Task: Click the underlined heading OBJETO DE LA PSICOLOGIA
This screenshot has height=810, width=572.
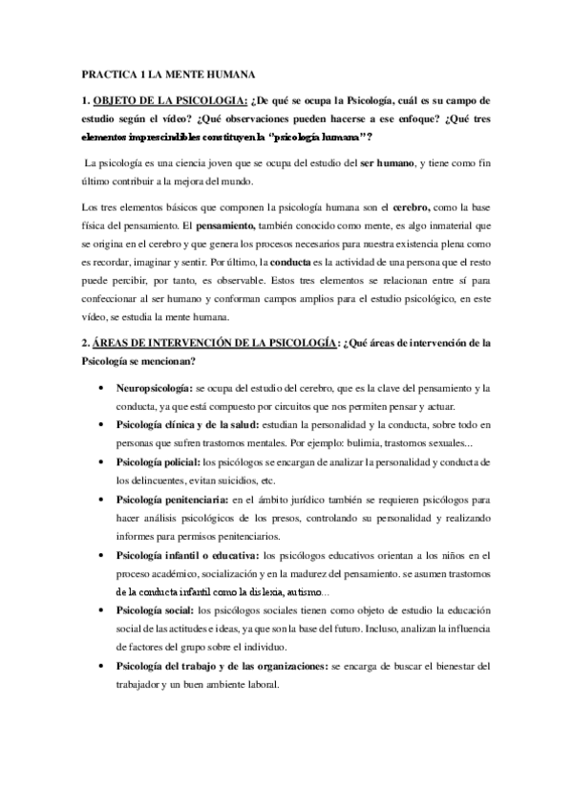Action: [x=170, y=100]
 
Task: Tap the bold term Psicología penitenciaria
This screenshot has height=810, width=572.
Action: [x=171, y=499]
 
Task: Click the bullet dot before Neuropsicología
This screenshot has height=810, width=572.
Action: [x=102, y=389]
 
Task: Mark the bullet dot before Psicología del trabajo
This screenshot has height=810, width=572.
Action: [x=102, y=665]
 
